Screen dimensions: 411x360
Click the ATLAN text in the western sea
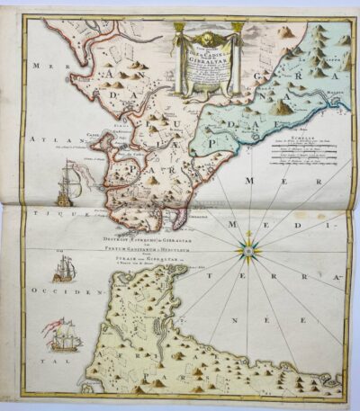(41, 140)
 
